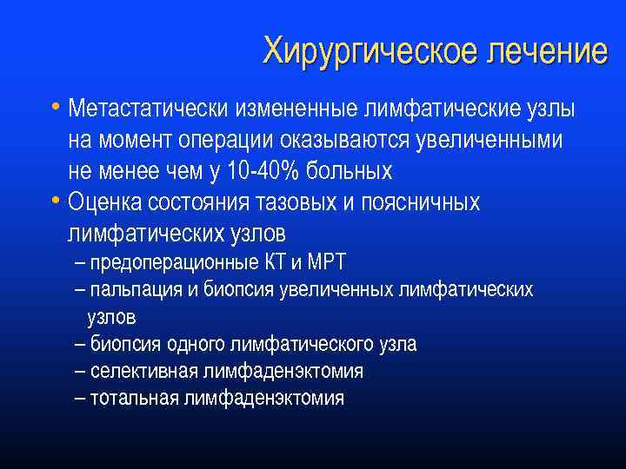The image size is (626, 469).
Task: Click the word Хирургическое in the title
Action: tap(358, 51)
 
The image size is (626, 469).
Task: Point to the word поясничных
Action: tap(425, 203)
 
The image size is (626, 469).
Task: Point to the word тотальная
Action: tap(131, 399)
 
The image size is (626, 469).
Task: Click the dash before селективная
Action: tap(80, 372)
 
